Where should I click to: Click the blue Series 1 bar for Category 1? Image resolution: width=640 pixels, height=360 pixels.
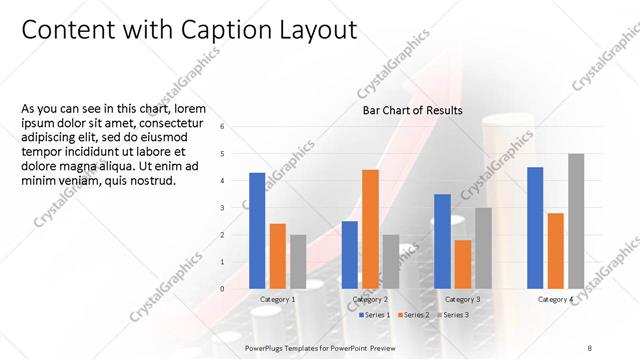pyautogui.click(x=257, y=230)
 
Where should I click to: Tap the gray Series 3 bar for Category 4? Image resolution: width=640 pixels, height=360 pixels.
pyautogui.click(x=576, y=221)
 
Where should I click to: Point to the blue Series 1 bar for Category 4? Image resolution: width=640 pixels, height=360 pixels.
pyautogui.click(x=535, y=227)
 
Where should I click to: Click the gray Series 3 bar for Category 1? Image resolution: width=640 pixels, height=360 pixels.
pyautogui.click(x=298, y=261)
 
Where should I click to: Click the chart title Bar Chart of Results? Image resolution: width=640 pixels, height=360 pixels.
pyautogui.click(x=412, y=111)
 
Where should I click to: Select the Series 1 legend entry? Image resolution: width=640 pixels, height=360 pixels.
pyautogui.click(x=375, y=315)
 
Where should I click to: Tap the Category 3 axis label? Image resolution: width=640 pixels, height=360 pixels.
pyautogui.click(x=462, y=299)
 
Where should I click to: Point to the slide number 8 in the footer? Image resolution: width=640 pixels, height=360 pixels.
pyautogui.click(x=590, y=346)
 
